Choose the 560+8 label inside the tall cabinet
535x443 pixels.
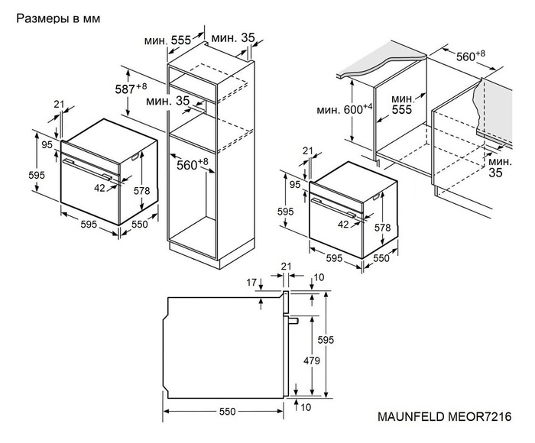192,163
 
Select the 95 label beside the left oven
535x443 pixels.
47,144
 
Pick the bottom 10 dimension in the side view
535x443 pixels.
306,407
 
